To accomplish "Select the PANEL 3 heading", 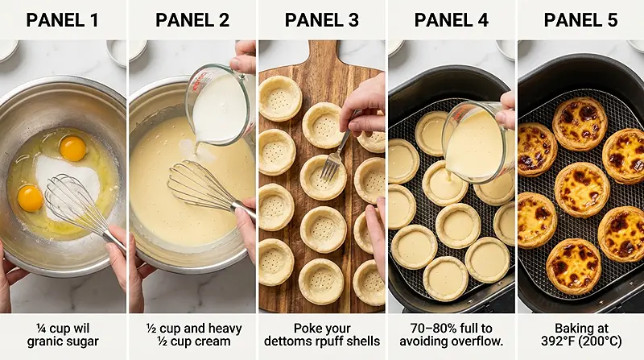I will click(322, 20).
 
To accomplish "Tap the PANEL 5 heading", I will click(581, 20).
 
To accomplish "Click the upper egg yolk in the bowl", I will click(72, 147).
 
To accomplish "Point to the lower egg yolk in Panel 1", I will click(31, 198).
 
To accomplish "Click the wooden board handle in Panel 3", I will click(322, 53).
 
